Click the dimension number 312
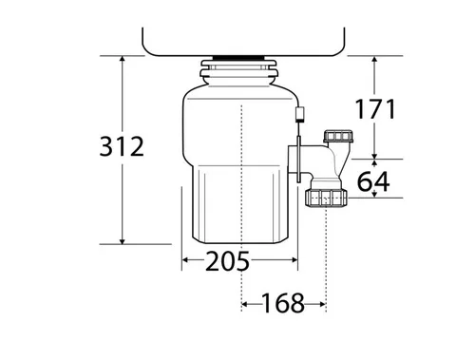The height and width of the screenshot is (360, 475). click(x=122, y=146)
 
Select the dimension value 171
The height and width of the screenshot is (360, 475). click(x=375, y=109)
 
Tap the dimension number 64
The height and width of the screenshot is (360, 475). click(x=373, y=181)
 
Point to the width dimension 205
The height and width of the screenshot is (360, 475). click(x=227, y=260)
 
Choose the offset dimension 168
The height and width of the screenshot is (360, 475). click(x=283, y=303)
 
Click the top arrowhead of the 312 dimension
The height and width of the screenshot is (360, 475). click(x=123, y=59)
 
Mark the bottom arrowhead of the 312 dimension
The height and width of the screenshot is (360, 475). click(x=123, y=241)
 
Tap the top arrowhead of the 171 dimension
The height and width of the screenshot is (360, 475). click(x=374, y=59)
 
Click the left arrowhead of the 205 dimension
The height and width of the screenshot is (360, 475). click(x=185, y=260)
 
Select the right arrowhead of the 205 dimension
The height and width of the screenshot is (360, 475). click(x=294, y=260)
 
